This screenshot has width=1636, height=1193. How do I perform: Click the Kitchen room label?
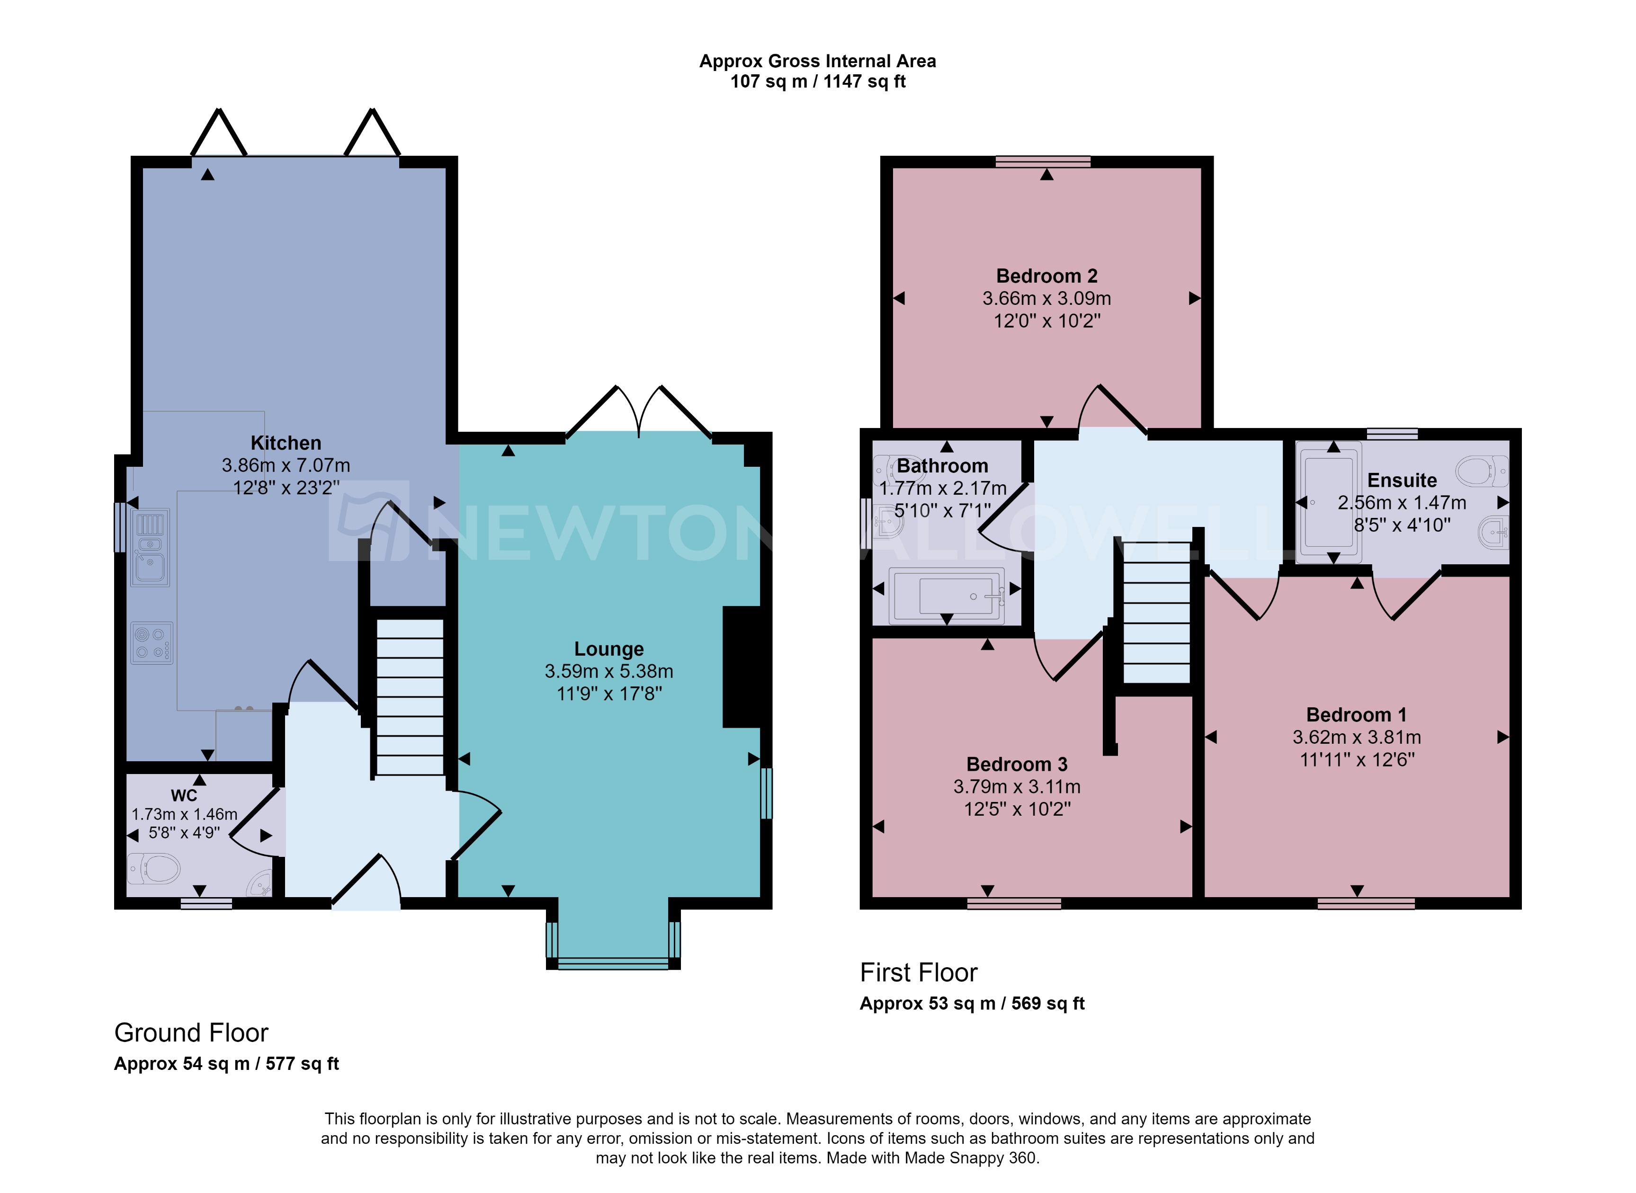point(286,443)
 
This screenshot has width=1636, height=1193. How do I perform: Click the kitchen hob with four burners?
point(152,643)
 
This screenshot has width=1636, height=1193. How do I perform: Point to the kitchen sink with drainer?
point(150,547)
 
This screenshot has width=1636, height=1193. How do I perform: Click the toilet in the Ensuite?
point(1481,472)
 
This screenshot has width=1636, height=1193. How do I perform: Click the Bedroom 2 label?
point(1046,276)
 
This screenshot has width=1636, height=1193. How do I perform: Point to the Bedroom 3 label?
point(1016,764)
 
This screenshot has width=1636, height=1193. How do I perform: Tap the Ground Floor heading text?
point(191,1033)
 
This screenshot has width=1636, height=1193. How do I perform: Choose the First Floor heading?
point(918,973)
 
